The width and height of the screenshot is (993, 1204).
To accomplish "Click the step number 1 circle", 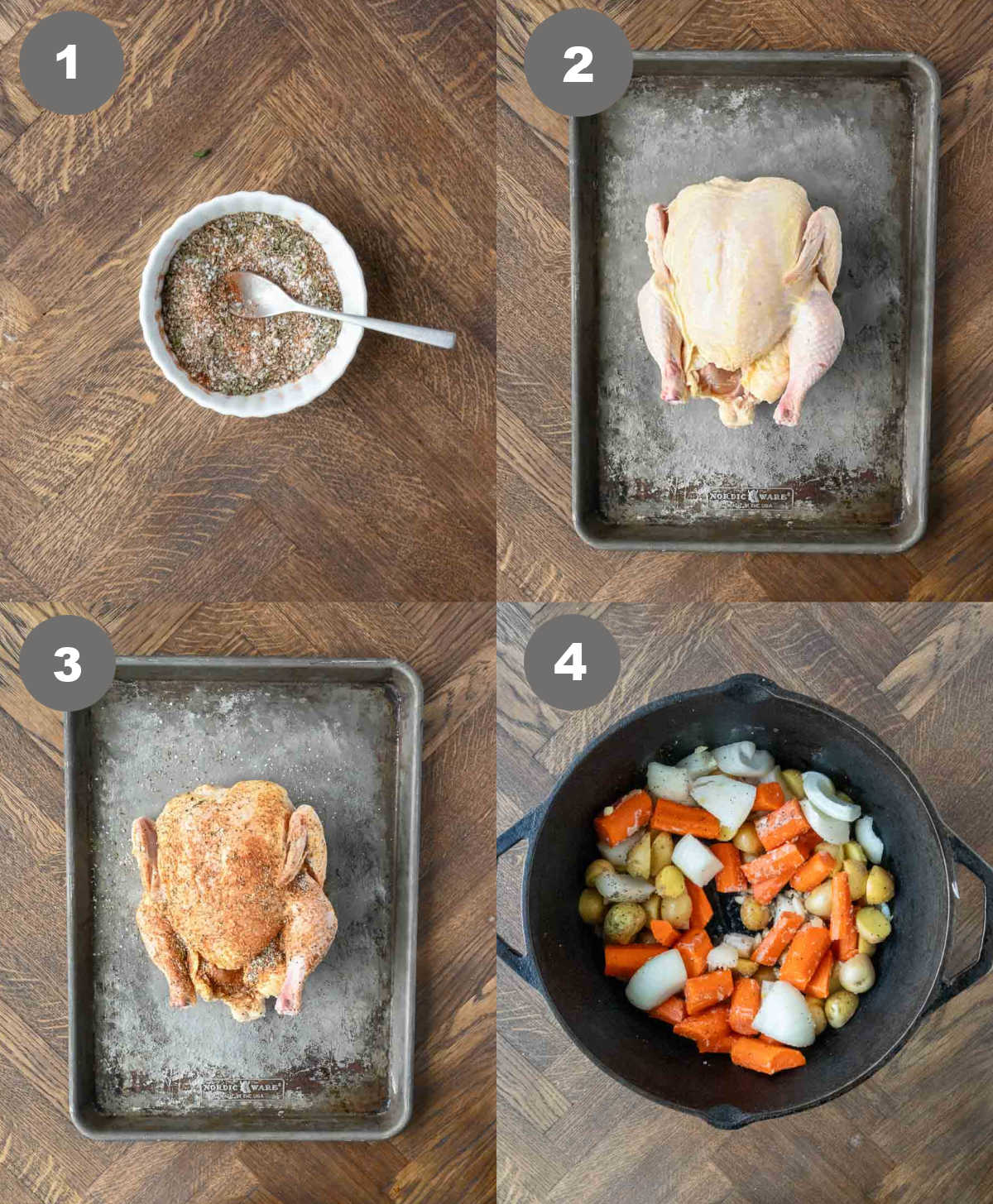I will tap(70, 62).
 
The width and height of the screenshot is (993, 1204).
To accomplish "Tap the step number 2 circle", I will tap(578, 62).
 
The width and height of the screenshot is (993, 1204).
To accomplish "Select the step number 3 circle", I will tap(67, 663).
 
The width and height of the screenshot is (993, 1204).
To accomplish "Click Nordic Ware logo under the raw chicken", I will tap(749, 497).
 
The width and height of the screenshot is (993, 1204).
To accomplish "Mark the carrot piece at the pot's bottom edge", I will tap(768, 1058).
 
